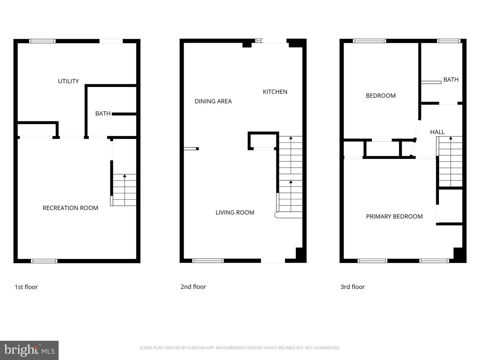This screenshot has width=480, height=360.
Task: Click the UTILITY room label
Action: point(68,81)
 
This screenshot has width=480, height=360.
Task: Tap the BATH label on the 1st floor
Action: point(103,114)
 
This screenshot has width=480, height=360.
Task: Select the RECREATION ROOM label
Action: point(70,208)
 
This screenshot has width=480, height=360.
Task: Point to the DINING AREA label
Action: point(213,101)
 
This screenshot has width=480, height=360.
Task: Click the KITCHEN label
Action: point(275,92)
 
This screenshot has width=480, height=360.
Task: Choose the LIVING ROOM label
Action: point(235,213)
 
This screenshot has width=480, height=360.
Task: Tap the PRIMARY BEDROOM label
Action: point(394,216)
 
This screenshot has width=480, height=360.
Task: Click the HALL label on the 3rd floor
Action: point(437,132)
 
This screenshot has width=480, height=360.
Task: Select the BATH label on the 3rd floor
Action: point(451,80)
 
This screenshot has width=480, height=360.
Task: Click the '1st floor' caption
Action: point(26,287)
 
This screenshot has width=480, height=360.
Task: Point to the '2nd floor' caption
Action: point(193,287)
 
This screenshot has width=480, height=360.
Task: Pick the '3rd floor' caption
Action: point(353,287)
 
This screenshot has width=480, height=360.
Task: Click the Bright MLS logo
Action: point(29,350)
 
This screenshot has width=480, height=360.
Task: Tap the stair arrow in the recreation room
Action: point(125,176)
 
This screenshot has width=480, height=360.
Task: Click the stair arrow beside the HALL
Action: point(451,138)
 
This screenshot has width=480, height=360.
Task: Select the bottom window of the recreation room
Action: point(44,261)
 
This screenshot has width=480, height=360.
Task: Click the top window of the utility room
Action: point(42,41)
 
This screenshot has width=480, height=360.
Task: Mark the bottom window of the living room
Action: point(208,261)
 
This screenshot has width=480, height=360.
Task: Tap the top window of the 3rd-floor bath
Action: point(449,41)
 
